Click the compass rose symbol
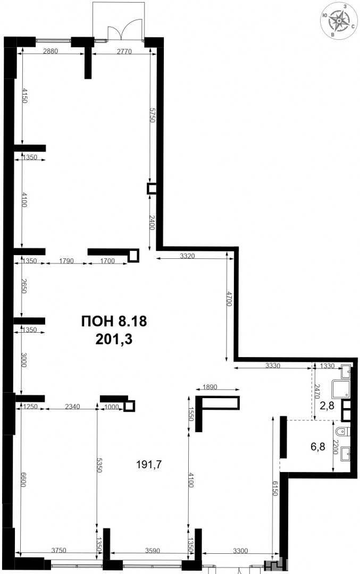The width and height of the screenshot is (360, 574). (x=339, y=20)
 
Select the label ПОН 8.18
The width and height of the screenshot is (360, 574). (x=113, y=321)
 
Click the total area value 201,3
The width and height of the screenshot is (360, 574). (x=113, y=339)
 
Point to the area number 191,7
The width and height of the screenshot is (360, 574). (x=149, y=465)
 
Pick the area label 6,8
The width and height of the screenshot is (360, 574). (x=318, y=447)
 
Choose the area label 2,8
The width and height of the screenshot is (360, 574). (x=327, y=405)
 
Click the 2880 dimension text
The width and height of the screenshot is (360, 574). (x=51, y=51)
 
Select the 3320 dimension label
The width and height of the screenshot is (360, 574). (x=188, y=256)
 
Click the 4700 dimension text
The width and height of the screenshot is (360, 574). (x=229, y=299)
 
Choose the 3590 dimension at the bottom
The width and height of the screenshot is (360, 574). (x=153, y=550)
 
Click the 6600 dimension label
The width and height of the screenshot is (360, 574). (x=23, y=479)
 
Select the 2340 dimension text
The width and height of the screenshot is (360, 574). (x=72, y=407)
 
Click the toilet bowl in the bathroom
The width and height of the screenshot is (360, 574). (x=342, y=432)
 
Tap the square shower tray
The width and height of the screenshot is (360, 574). (x=340, y=390)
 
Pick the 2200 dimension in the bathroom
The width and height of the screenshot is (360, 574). (x=335, y=447)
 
